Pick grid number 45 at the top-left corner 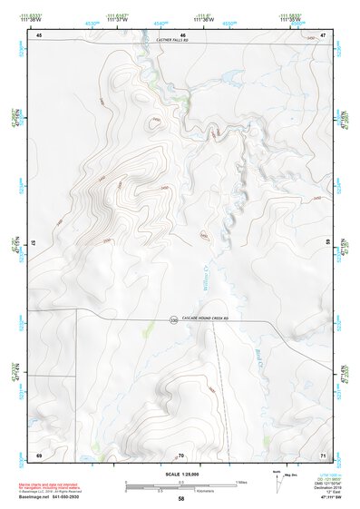pyautogui.click(x=39, y=34)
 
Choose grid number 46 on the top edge pyautogui.click(x=181, y=34)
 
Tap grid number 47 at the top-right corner pyautogui.click(x=323, y=34)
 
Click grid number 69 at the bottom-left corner pyautogui.click(x=39, y=454)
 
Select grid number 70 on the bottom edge pyautogui.click(x=181, y=454)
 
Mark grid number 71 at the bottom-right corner pyautogui.click(x=323, y=454)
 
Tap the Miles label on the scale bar pyautogui.click(x=240, y=482)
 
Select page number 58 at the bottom pyautogui.click(x=180, y=499)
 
